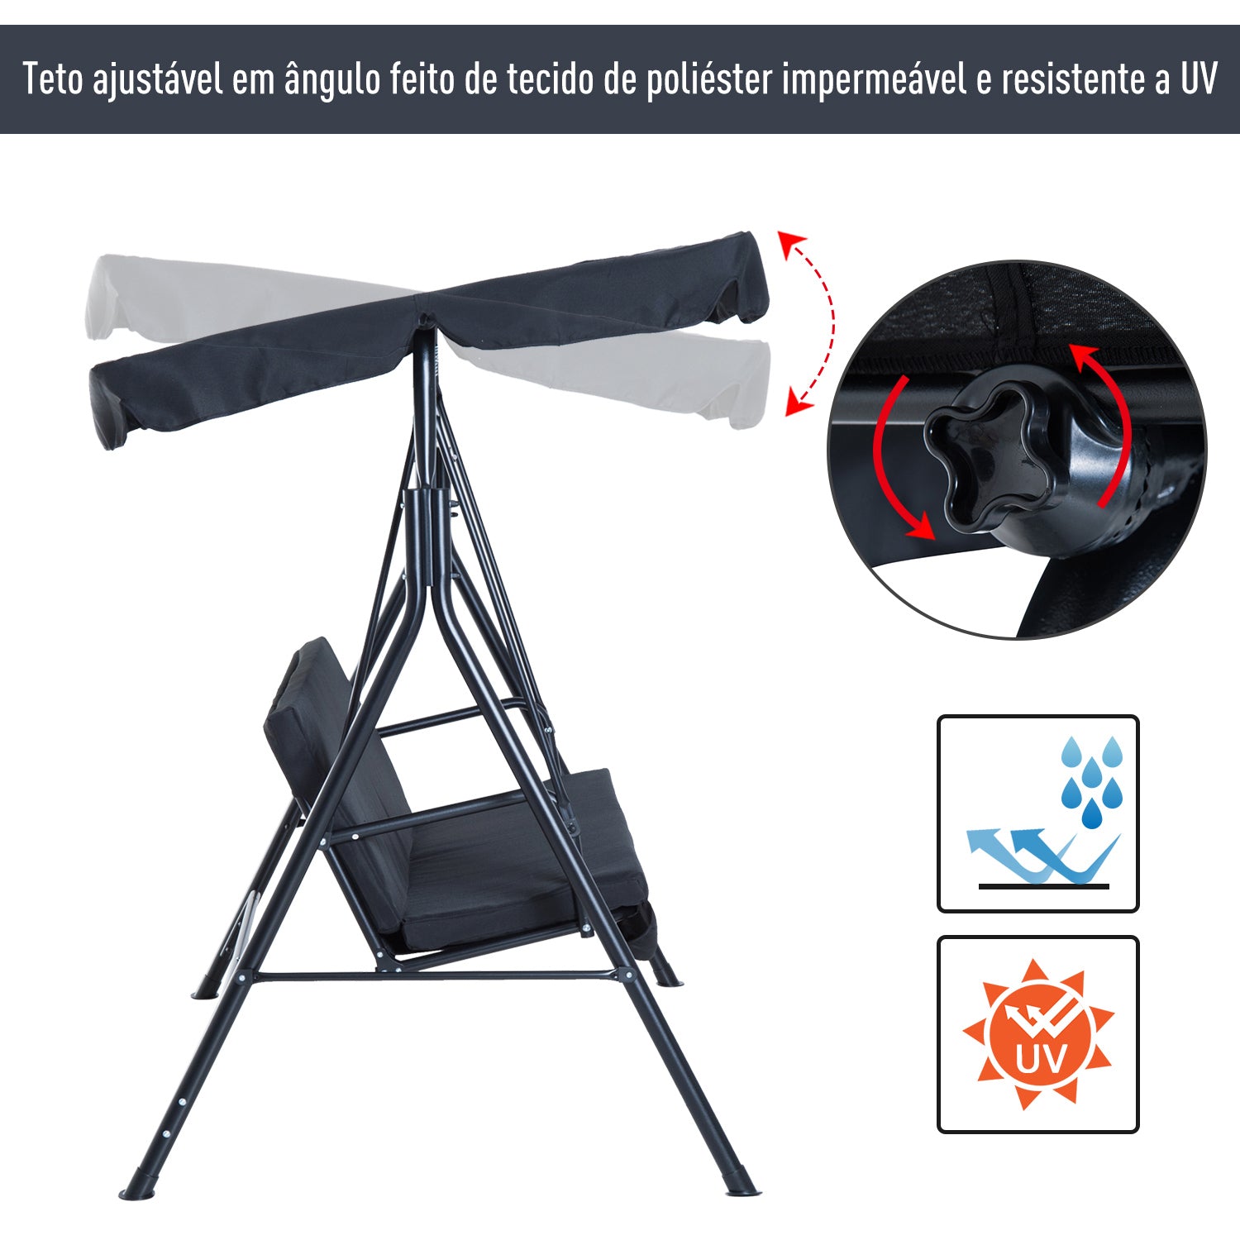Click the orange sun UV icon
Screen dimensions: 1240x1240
tap(1038, 1034)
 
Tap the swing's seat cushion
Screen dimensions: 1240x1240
tap(517, 860)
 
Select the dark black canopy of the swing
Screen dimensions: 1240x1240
tap(430, 339)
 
